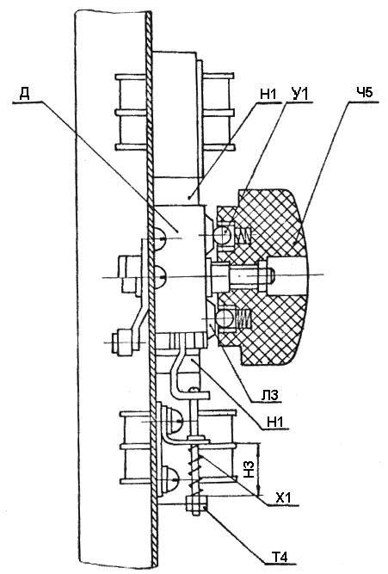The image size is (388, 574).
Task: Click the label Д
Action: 25,93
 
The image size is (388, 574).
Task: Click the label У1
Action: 299,94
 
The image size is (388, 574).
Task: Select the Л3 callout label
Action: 270,395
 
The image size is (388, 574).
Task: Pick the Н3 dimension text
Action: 249,469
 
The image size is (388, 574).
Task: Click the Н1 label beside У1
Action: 269,94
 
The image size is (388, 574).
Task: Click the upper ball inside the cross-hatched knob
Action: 222,234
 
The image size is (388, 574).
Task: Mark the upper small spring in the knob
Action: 242,235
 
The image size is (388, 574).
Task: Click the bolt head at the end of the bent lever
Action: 120,343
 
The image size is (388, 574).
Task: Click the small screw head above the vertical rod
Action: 194,390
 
